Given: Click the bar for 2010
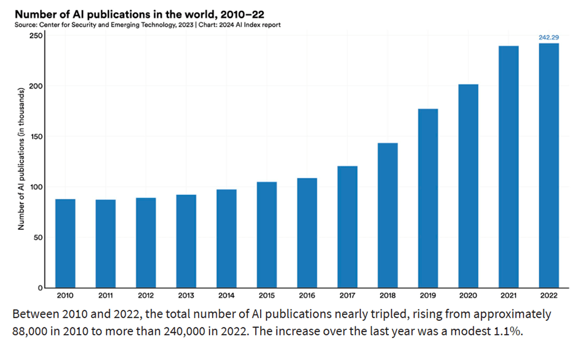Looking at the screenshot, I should pyautogui.click(x=65, y=243).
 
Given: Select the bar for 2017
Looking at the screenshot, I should pyautogui.click(x=347, y=227).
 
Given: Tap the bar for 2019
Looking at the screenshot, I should pyautogui.click(x=428, y=198).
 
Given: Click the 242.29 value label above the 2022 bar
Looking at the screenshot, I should pyautogui.click(x=548, y=37).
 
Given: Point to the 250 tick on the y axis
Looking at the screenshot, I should pyautogui.click(x=36, y=36).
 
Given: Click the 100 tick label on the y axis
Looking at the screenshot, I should pyautogui.click(x=36, y=187).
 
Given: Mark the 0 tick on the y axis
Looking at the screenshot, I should pyautogui.click(x=40, y=288).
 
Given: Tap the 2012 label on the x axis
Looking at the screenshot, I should pyautogui.click(x=146, y=296).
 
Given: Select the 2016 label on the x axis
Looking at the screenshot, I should pyautogui.click(x=307, y=296).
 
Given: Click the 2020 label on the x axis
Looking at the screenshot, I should pyautogui.click(x=468, y=296).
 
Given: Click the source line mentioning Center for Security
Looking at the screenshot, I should pyautogui.click(x=149, y=25).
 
